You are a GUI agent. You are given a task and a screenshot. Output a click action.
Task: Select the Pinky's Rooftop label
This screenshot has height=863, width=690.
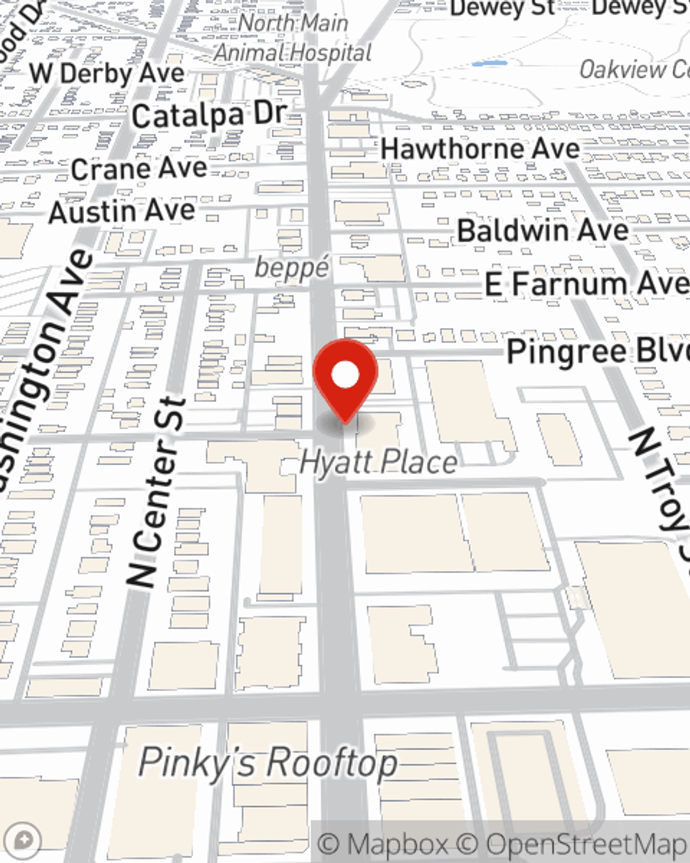pos(268,762)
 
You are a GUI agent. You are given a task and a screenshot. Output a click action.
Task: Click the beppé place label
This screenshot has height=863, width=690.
pos(291,267)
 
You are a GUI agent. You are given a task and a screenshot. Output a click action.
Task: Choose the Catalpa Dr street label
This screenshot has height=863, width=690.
pos(209,116)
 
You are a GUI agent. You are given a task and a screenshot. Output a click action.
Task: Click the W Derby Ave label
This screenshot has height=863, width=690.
pos(107,73)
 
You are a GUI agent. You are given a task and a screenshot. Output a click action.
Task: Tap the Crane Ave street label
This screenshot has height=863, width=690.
pos(139,168)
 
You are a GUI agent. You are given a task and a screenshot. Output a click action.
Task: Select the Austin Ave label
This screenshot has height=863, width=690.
pos(122,211)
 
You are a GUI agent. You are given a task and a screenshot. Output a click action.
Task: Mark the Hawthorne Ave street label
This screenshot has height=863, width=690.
pos(480,148)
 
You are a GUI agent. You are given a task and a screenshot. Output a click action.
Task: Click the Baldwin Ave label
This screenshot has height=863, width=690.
pos(543,231)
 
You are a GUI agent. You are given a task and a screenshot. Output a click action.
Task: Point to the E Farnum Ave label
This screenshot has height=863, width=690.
pos(586,284)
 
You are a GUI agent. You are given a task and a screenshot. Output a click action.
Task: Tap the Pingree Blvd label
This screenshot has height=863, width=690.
pos(598,351)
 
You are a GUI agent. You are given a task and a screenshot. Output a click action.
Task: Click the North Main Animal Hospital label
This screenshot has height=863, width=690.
pos(293,38)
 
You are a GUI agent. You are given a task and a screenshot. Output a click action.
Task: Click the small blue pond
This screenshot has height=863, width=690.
pos(489,64)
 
